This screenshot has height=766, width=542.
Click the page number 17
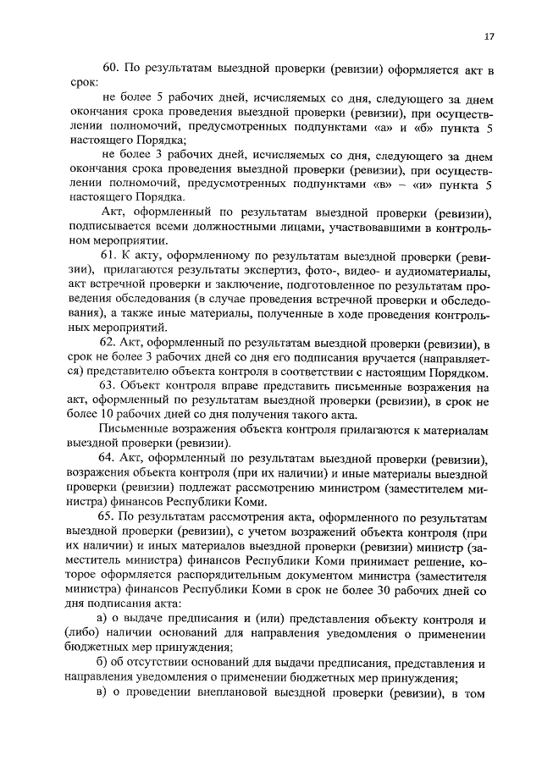tap(489, 36)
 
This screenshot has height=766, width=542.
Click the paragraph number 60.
tap(110, 68)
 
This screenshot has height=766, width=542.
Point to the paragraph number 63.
tap(109, 386)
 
